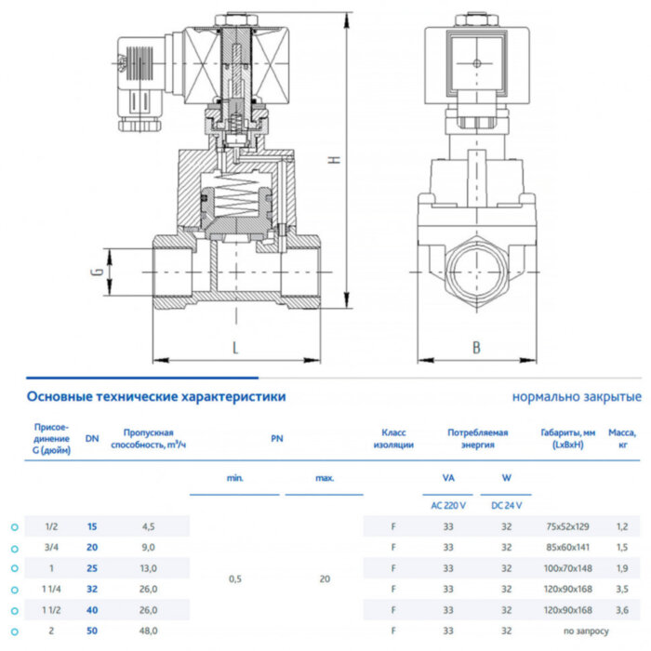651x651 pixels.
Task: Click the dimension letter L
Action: (236, 348)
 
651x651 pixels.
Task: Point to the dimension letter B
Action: (477, 348)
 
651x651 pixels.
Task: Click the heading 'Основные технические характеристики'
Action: (156, 397)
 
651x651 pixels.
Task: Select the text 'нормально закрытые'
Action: (577, 397)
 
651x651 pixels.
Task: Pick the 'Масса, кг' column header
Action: (621, 439)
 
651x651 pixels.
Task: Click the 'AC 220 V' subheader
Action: (449, 505)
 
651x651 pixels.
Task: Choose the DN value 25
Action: (92, 567)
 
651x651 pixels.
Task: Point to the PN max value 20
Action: (325, 578)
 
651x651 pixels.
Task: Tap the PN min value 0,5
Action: (236, 578)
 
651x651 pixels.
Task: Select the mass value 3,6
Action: (621, 609)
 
